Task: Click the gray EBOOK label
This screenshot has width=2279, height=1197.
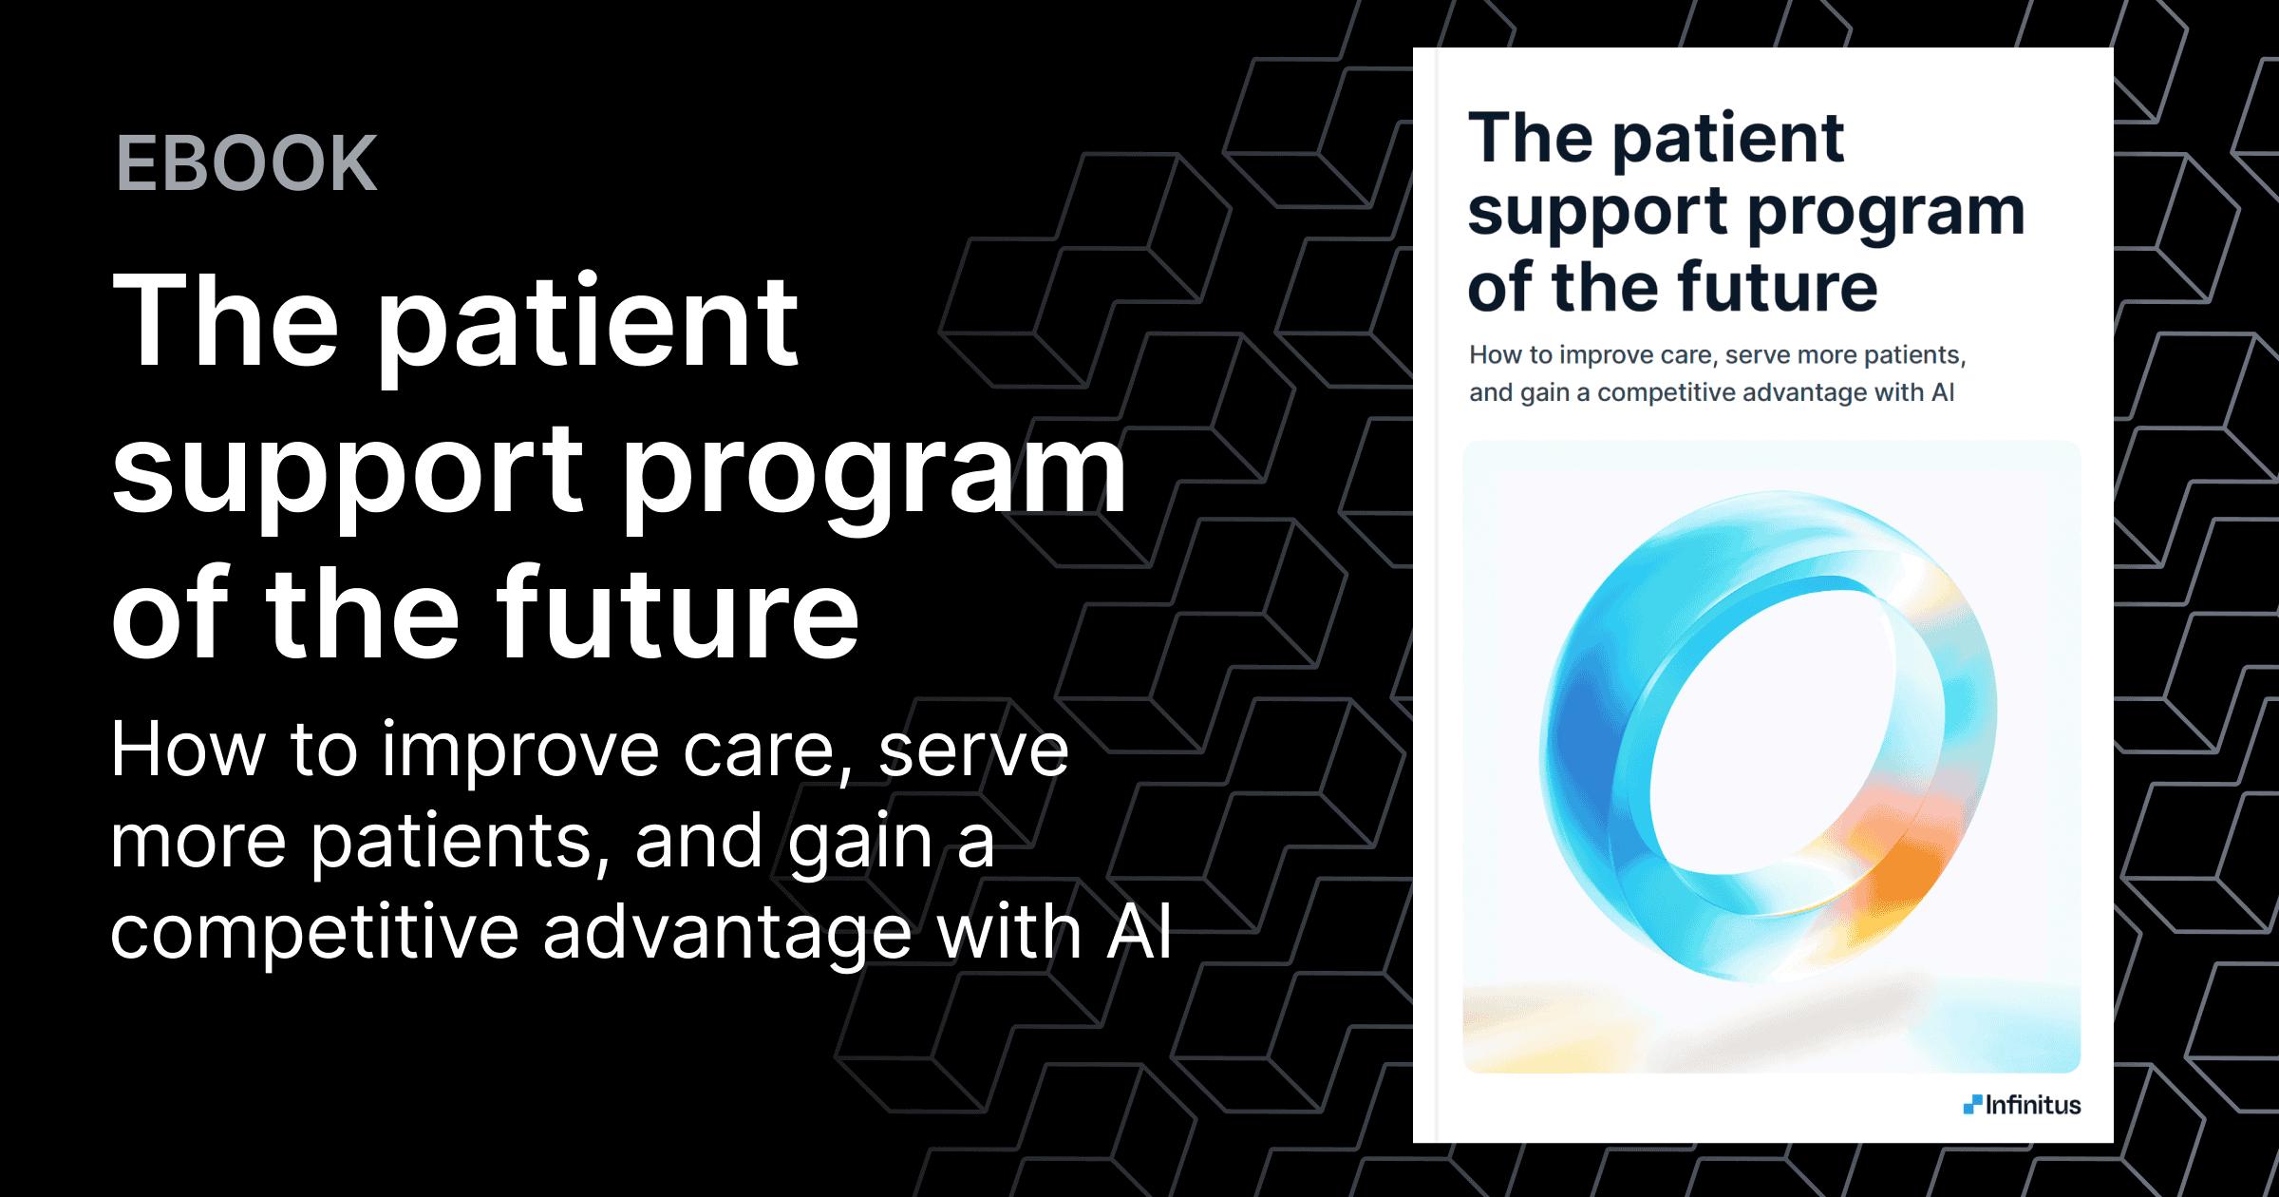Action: coord(247,163)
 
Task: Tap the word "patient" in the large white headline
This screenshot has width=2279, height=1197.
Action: coord(589,323)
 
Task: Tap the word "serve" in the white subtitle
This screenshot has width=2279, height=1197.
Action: coord(973,750)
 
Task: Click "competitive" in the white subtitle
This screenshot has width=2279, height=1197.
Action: coord(313,933)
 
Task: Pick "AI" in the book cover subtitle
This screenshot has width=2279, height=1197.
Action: coord(1943,392)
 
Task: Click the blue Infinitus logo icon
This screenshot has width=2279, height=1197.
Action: coord(1972,1104)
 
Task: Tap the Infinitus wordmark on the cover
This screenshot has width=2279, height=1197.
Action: coord(2033,1105)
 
